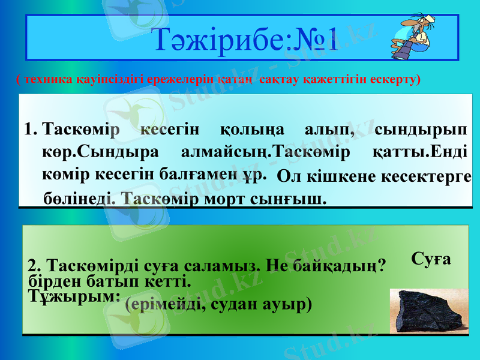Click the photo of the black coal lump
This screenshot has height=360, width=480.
[428, 311]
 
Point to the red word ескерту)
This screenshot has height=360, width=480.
[398, 79]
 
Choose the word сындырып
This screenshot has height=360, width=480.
[422, 129]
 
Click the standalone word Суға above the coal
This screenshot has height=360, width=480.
[431, 259]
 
